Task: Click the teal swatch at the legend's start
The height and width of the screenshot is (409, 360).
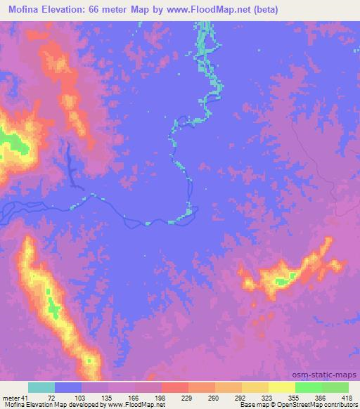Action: [41, 387]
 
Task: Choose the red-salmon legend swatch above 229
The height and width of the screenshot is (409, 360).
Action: [175, 387]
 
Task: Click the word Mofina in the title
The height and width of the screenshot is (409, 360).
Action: [22, 10]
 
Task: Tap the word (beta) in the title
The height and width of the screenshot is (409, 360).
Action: [264, 10]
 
